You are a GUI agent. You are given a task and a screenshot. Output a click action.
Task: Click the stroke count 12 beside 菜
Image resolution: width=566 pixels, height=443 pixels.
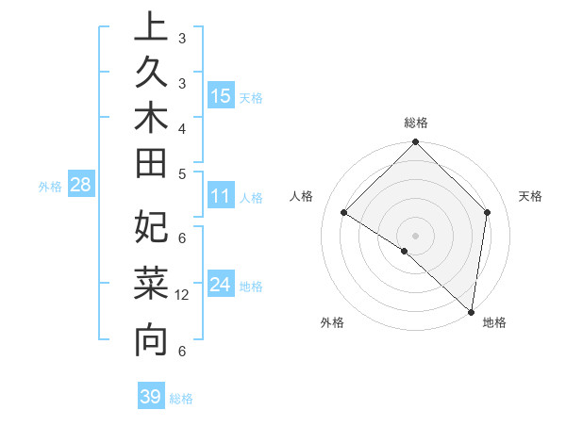tap(182, 295)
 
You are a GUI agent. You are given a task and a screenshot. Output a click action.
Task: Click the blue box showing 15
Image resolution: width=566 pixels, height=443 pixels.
tap(221, 96)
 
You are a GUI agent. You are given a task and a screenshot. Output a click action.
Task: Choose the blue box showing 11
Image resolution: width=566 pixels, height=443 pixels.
tap(221, 197)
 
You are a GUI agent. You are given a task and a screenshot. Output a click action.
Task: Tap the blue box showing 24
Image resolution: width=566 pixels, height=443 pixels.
tap(221, 285)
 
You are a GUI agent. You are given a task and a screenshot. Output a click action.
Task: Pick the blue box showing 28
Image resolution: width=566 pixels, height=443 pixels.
tap(80, 186)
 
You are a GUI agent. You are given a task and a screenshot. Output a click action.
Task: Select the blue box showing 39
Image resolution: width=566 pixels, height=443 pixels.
tap(151, 397)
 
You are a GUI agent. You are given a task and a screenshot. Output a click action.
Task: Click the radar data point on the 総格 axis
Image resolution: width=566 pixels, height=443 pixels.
tap(415, 143)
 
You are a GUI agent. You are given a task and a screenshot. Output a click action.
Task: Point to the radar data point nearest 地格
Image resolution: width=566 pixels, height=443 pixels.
tap(472, 311)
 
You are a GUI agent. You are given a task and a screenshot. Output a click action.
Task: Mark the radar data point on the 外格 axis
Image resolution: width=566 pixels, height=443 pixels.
tap(404, 251)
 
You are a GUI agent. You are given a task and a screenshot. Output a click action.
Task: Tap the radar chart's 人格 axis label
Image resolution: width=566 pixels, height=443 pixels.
tap(301, 196)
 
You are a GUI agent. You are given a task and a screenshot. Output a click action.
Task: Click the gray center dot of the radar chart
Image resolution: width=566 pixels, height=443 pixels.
tap(415, 235)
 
